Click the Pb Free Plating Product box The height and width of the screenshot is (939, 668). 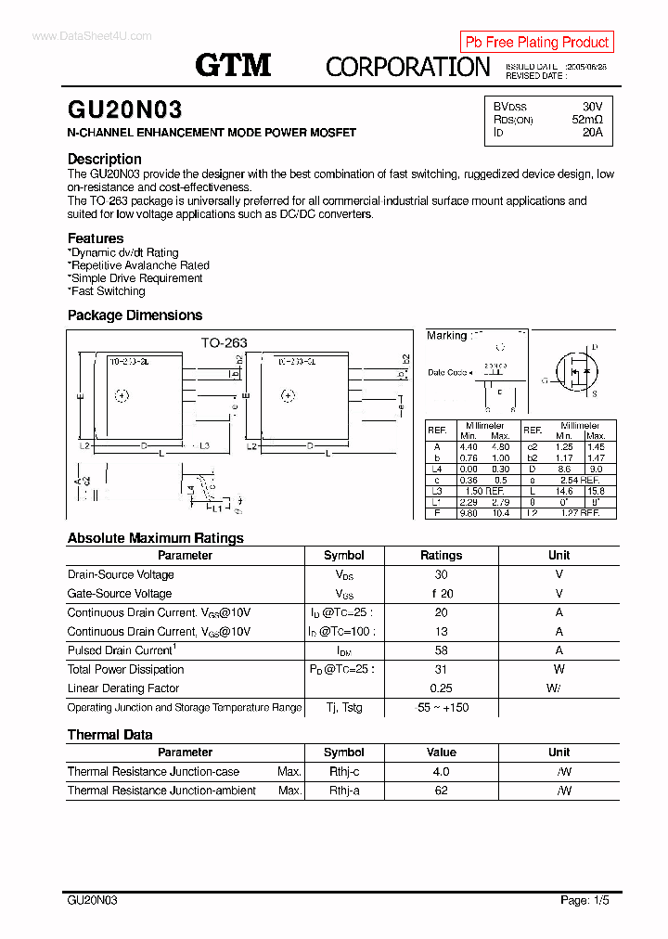[536, 42]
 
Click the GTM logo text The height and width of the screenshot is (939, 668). [233, 65]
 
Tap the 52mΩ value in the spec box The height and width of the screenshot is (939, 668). [586, 120]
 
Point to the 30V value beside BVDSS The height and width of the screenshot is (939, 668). [592, 107]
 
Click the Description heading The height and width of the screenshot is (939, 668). [105, 159]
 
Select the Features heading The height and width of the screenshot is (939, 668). [96, 238]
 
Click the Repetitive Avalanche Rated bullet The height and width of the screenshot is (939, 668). [139, 265]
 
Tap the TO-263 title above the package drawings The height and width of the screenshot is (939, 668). [224, 342]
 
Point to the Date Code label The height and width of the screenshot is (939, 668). [448, 372]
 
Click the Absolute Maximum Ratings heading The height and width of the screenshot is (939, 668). [155, 538]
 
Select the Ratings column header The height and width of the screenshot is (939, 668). [441, 556]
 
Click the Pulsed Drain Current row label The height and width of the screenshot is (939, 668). [122, 650]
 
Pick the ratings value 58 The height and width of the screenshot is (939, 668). [441, 650]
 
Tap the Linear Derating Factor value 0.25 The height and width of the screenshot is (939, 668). [441, 688]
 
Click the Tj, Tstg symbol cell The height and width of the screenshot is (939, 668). [344, 707]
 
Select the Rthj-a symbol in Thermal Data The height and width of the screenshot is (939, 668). [344, 791]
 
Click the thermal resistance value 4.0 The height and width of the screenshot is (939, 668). [441, 772]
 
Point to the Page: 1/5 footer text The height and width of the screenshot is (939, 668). [584, 900]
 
